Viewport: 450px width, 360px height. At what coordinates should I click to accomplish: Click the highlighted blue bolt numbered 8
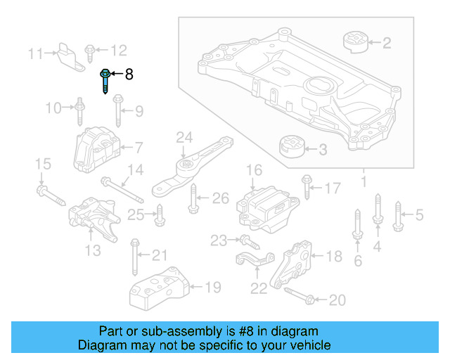tap(105, 80)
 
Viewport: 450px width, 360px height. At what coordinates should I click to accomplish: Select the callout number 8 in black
tap(129, 74)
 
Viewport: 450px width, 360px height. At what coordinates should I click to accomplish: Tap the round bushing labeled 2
tap(356, 42)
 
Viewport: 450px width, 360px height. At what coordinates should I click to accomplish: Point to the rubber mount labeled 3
tap(290, 149)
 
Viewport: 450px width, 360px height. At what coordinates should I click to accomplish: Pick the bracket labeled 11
tap(67, 54)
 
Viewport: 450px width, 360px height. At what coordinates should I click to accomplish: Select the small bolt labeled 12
tap(91, 51)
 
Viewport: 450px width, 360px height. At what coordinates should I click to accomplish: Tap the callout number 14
tap(135, 169)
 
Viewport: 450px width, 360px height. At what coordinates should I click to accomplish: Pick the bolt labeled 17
tap(306, 187)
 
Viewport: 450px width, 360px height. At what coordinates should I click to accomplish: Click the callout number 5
tap(420, 215)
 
